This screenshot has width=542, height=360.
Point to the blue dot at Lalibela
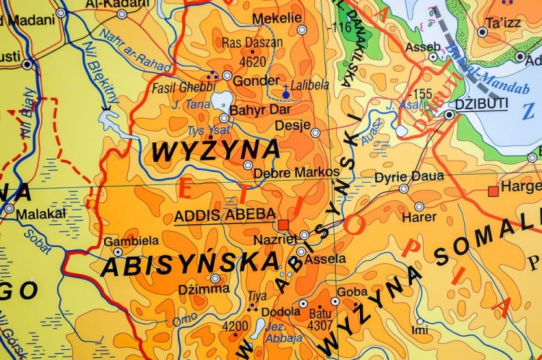(x=286, y=94)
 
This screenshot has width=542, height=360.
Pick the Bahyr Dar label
(x=260, y=111)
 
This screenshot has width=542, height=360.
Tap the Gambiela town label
(x=132, y=241)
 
